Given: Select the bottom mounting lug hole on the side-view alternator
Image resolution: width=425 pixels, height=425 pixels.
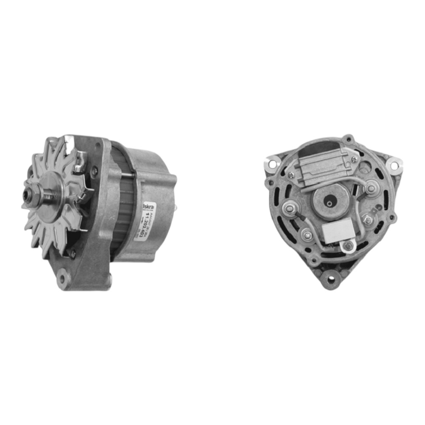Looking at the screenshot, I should [64, 279].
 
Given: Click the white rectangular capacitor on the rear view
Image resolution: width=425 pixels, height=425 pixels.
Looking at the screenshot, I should [339, 231].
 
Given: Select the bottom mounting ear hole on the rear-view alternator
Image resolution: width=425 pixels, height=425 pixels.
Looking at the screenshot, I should [331, 279].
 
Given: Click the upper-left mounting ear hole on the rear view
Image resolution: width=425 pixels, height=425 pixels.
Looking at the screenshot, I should [271, 162].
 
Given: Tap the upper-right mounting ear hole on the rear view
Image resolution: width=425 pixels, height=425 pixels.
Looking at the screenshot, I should [394, 164].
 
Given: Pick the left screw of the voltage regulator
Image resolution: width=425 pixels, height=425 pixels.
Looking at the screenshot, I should [291, 174].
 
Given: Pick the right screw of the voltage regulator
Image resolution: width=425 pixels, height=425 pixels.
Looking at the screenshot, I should [354, 159].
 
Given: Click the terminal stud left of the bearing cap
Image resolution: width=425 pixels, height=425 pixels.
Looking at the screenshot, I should [290, 209].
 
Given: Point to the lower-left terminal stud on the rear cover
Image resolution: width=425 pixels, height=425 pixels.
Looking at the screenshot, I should [307, 234].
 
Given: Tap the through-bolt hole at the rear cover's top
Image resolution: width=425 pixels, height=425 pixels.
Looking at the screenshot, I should [349, 139].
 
